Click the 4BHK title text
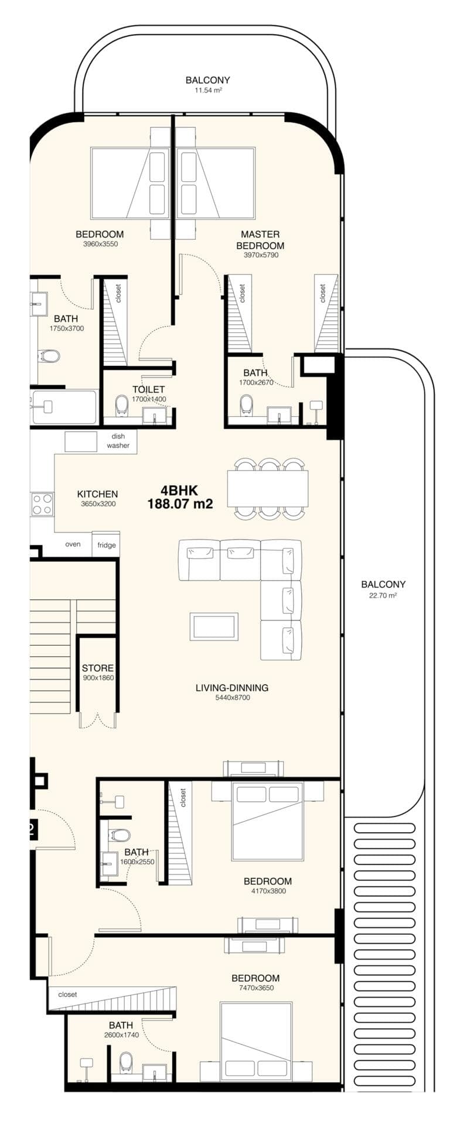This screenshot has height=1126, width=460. [x=180, y=490]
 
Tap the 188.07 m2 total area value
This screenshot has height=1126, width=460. [x=180, y=503]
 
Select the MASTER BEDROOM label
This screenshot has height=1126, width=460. [x=260, y=240]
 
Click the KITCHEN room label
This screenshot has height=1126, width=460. [x=97, y=494]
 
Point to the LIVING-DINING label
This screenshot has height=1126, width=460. [x=232, y=687]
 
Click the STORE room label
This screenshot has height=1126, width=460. [x=97, y=668]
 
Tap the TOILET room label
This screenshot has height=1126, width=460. [x=148, y=389]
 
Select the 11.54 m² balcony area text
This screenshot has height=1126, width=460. [x=207, y=91]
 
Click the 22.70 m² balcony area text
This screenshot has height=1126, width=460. [x=383, y=595]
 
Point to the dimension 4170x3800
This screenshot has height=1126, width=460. [x=267, y=891]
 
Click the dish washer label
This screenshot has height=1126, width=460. [x=118, y=441]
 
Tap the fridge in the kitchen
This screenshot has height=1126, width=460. [x=106, y=545]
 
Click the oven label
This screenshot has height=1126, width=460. [x=73, y=544]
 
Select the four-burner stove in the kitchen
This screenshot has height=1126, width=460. [x=42, y=504]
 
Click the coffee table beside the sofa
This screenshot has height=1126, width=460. [x=214, y=626]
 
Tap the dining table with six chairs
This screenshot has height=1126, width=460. [x=268, y=488]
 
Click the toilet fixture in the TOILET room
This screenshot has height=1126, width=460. [x=122, y=405]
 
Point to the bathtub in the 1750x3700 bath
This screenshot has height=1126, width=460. [x=64, y=406]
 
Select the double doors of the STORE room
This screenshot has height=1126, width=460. [x=98, y=720]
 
